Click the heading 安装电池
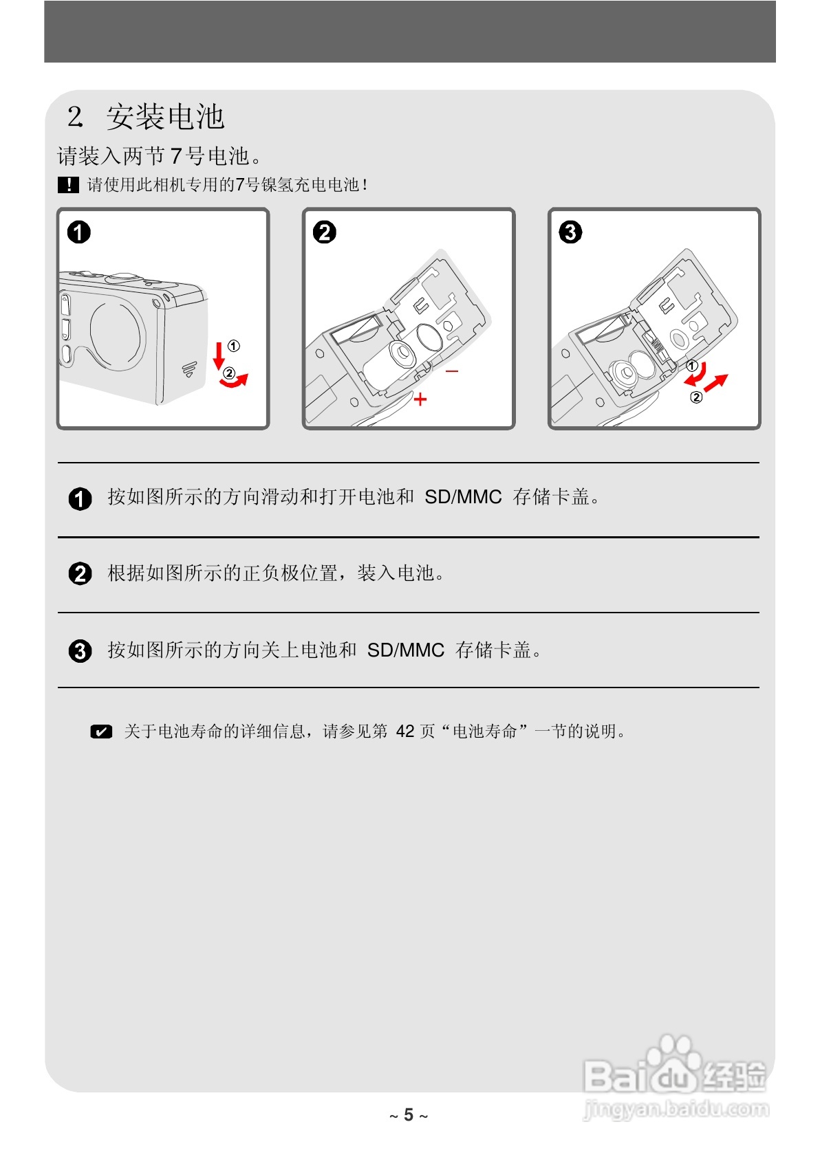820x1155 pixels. (x=165, y=117)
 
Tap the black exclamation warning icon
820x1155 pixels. (x=68, y=185)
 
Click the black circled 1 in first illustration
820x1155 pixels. (x=79, y=232)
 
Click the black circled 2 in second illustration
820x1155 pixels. (x=325, y=232)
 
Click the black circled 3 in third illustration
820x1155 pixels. (x=570, y=232)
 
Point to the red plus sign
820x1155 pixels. (x=420, y=399)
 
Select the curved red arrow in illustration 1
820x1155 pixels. (x=234, y=381)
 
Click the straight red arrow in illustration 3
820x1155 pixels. (x=715, y=383)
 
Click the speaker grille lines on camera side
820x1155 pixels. (x=189, y=369)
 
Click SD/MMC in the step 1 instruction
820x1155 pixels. (x=463, y=497)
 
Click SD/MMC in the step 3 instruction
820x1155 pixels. (x=406, y=650)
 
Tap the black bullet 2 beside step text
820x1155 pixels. (x=80, y=573)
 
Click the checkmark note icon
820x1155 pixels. (x=101, y=731)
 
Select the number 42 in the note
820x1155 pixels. (x=405, y=731)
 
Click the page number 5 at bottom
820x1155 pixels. (x=409, y=1115)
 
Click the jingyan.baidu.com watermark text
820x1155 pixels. (x=676, y=1109)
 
